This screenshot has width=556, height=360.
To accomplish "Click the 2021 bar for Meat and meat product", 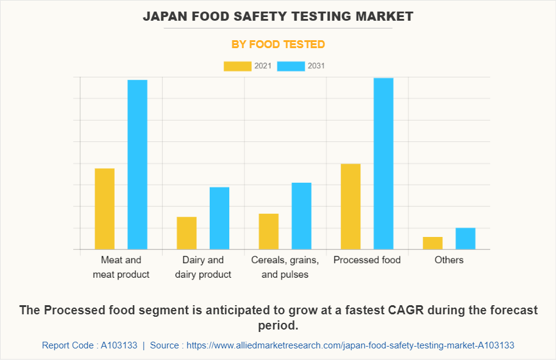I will click(105, 208).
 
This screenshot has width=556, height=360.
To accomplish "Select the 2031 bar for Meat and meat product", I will click(137, 164).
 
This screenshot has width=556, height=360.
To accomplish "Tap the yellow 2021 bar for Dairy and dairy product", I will click(187, 233).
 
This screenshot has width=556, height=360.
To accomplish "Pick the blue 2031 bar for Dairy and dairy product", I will click(219, 218).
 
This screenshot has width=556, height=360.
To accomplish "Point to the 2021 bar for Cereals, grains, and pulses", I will click(269, 231).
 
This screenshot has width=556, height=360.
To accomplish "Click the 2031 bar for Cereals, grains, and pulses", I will click(301, 216).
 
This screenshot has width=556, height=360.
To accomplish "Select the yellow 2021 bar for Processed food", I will click(351, 206).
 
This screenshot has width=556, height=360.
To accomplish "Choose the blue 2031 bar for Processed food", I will click(383, 163).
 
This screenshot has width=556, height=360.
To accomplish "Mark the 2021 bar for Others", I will click(433, 242).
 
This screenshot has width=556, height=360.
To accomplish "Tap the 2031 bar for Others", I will click(465, 238).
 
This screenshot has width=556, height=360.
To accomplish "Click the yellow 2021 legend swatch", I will click(237, 66).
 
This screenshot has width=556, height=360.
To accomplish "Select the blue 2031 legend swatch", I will click(291, 66).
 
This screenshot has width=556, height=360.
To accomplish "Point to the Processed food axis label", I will click(367, 260).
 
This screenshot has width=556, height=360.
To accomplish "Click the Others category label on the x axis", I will click(449, 260).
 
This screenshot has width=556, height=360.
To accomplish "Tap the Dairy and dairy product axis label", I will click(203, 267).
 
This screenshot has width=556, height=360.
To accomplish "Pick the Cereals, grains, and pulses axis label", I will click(285, 267).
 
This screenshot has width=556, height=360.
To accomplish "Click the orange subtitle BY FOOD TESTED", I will click(278, 44).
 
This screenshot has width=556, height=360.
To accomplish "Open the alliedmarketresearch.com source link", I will click(350, 345).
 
